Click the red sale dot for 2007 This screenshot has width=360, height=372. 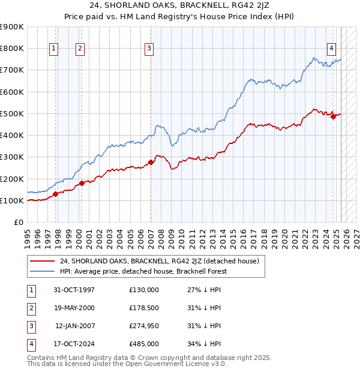click(151, 162)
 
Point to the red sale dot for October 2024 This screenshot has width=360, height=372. click(333, 116)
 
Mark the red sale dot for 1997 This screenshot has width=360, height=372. click(55, 194)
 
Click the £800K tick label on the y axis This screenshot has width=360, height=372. click(11, 49)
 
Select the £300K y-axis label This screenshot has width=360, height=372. click(11, 157)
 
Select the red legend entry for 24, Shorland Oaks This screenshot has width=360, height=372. click(159, 261)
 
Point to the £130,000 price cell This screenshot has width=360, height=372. click(143, 290)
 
